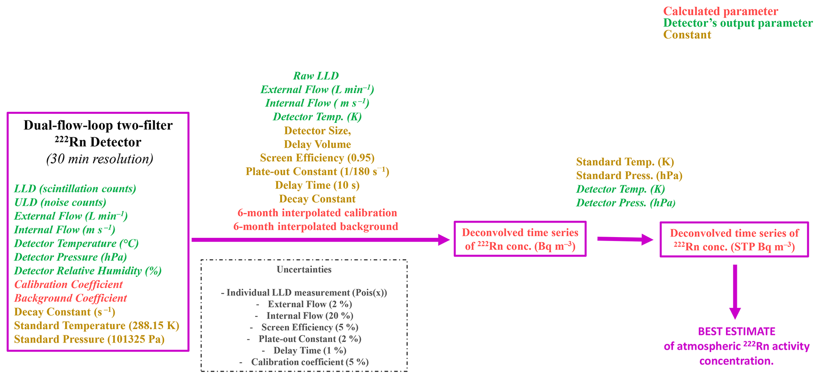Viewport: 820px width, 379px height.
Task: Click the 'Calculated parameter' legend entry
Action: point(720,11)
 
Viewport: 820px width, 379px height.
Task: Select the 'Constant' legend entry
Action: point(687,35)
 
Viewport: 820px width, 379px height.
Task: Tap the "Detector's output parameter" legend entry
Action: point(738,23)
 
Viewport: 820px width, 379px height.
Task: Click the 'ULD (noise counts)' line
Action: point(60,203)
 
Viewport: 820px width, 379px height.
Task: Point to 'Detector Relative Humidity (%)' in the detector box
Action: point(88,271)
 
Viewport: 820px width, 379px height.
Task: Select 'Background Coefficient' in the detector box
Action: point(71,298)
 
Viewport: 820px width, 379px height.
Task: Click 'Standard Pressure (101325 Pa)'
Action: point(89,339)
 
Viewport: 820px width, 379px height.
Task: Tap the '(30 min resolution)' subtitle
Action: point(100,159)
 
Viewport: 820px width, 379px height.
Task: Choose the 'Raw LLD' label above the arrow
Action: point(316,76)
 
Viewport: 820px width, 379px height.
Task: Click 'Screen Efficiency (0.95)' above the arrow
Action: point(317,158)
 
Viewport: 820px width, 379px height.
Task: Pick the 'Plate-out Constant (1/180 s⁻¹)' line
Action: point(317,172)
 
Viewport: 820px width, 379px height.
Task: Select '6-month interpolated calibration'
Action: point(317,213)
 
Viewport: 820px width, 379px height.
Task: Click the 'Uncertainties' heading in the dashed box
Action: point(304,270)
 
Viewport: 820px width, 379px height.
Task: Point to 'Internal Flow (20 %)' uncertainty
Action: point(309,316)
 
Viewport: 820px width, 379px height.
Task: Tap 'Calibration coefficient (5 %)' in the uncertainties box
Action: point(309,362)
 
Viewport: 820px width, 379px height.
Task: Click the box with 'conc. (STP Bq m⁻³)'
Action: point(734,239)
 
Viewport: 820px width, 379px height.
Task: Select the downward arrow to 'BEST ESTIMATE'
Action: point(735,291)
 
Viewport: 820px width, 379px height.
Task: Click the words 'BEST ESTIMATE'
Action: point(736,331)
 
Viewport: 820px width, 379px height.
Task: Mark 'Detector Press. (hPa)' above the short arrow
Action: point(626,203)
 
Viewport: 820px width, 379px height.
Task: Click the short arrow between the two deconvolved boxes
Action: point(624,239)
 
